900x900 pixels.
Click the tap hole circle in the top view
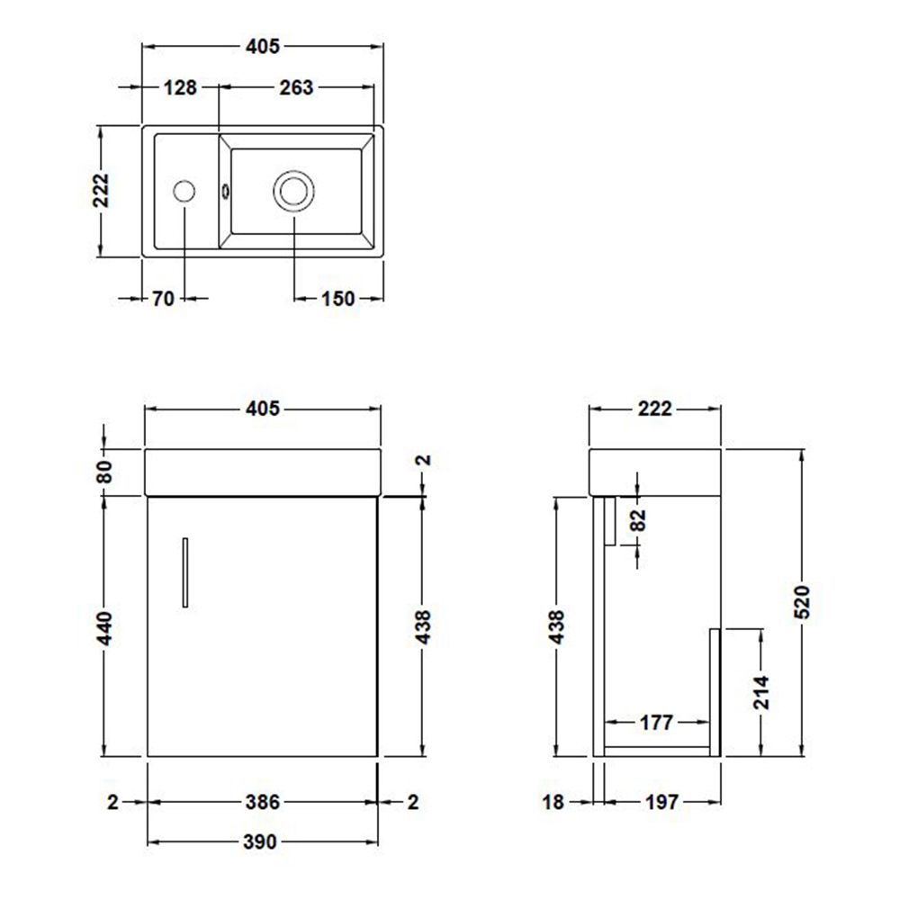coord(184,191)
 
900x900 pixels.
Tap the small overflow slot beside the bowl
coord(225,191)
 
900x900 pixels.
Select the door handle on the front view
coord(184,572)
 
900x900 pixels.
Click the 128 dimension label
coord(181,87)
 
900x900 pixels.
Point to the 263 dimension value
coord(297,87)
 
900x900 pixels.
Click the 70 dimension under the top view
coord(162,300)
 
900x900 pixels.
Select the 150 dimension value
coord(337,300)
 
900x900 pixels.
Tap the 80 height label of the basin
coord(103,472)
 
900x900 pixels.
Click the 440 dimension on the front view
coord(103,627)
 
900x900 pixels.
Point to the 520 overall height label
coord(803,600)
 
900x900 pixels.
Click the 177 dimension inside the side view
coord(657,722)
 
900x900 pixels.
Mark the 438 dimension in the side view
coord(556,627)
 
